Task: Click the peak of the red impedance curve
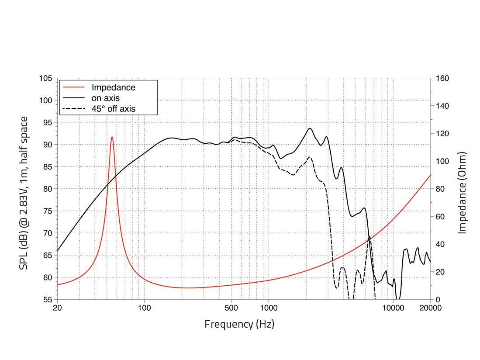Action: [112, 137]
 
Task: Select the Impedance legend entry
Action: [113, 87]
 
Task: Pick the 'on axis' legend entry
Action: [105, 98]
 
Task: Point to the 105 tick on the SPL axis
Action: [45, 78]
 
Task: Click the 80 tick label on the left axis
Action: [47, 189]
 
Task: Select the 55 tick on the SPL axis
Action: [47, 300]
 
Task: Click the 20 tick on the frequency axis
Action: [57, 308]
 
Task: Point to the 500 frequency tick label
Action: [231, 308]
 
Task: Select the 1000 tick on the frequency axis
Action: [269, 308]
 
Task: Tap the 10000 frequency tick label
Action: [393, 308]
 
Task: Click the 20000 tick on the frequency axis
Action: [431, 308]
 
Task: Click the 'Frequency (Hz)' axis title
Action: [239, 324]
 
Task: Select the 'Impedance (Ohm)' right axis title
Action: [463, 193]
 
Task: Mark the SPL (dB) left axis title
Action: [24, 193]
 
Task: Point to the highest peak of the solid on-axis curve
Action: [310, 128]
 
